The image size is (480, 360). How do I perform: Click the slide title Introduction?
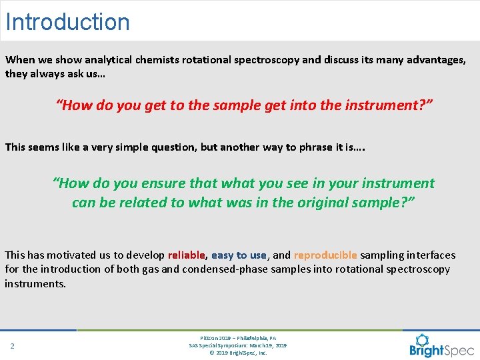(x=67, y=21)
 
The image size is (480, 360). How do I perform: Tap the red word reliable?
(x=187, y=255)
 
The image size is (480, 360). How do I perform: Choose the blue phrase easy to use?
(x=239, y=255)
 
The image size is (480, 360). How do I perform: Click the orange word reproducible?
(x=325, y=255)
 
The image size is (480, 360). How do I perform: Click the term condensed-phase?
(x=219, y=269)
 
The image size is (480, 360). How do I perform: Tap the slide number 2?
(x=12, y=346)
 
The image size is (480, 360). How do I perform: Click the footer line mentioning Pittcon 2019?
(x=238, y=338)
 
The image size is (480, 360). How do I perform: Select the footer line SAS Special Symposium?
(x=238, y=345)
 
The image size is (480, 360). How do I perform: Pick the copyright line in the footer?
(x=238, y=353)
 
